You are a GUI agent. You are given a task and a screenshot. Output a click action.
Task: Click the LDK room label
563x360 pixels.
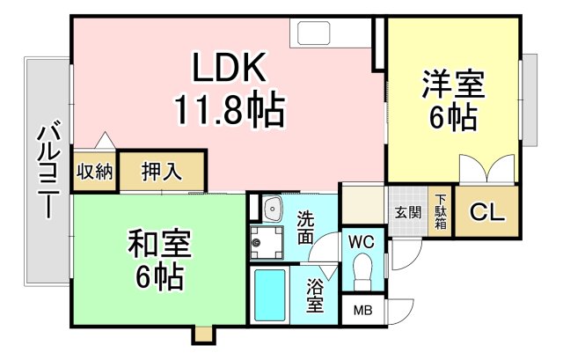click(x=227, y=68)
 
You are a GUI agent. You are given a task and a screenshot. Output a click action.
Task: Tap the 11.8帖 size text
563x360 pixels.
click(x=227, y=110)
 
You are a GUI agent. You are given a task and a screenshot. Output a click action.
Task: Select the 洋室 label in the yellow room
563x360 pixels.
click(x=453, y=84)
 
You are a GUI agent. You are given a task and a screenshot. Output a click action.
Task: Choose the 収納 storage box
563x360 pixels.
click(x=93, y=171)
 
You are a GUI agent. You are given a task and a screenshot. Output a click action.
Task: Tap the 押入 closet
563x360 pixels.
click(x=162, y=171)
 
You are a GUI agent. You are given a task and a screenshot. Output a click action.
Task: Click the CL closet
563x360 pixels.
click(x=485, y=212)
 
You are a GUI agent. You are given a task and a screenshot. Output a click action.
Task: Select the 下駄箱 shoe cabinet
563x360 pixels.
click(x=439, y=212)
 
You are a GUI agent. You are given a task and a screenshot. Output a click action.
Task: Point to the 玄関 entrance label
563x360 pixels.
click(x=407, y=212)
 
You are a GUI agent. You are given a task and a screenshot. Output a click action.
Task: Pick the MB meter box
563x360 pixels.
click(x=362, y=310)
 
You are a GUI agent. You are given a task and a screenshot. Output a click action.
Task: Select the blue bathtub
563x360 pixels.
click(x=271, y=295)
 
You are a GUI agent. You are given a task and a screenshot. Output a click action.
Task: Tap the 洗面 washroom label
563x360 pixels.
click(x=304, y=227)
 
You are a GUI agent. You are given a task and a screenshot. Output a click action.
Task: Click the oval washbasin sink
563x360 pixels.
click(x=271, y=209)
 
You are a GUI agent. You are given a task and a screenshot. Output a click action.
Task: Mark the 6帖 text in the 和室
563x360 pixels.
click(x=159, y=276)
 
